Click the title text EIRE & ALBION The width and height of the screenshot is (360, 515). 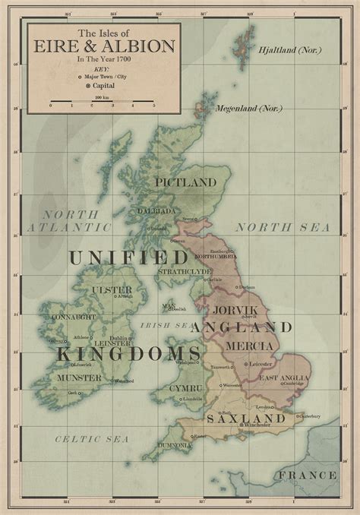(x=104, y=47)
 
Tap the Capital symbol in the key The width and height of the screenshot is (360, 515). (x=80, y=86)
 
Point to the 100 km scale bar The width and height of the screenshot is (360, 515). (x=99, y=101)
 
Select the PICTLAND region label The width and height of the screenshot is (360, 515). (x=185, y=182)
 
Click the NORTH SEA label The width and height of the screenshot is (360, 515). (x=282, y=227)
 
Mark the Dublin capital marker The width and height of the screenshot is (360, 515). (x=131, y=339)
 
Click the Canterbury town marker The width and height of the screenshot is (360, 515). (x=296, y=416)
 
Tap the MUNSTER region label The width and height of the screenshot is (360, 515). (x=78, y=378)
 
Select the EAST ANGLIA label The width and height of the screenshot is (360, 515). (x=284, y=378)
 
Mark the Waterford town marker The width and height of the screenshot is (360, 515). (x=112, y=381)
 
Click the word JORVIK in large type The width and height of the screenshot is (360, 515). (x=235, y=311)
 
